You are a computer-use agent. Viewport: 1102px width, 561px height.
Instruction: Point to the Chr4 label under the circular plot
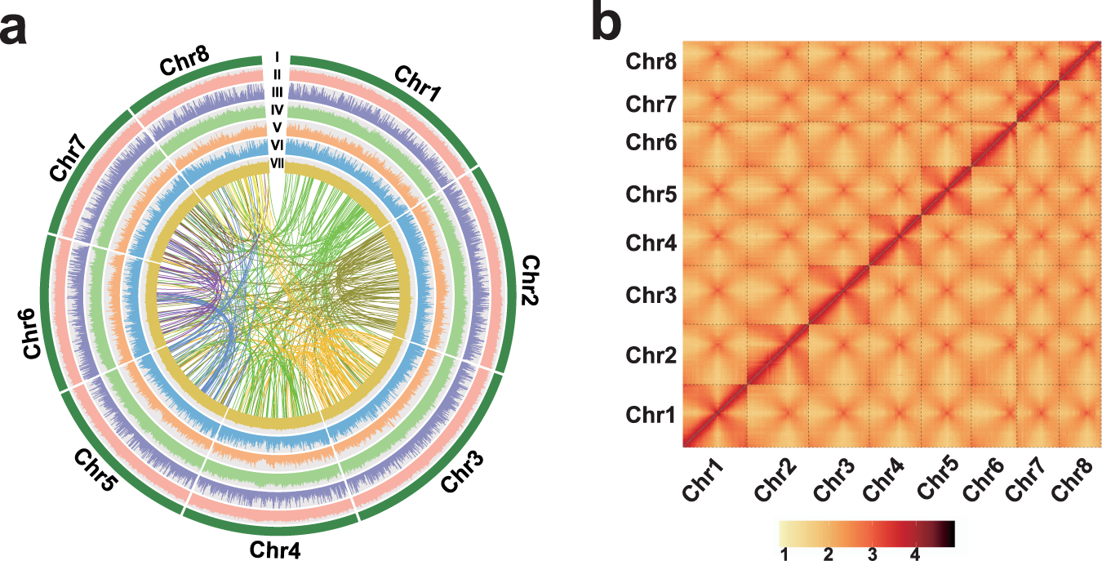point(276,549)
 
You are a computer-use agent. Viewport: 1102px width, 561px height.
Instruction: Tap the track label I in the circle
point(278,58)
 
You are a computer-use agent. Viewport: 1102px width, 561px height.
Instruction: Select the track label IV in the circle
point(278,109)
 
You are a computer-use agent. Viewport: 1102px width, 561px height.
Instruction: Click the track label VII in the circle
point(278,164)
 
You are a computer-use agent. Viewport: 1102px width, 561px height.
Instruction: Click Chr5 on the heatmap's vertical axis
point(651,194)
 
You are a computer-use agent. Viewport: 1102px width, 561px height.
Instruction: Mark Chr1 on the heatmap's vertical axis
point(651,415)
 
